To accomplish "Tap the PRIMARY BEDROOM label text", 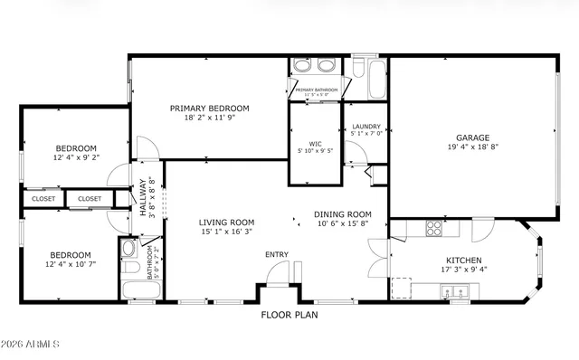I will pyautogui.click(x=210, y=108).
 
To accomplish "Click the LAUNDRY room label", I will pyautogui.click(x=365, y=127).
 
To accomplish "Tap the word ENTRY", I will pyautogui.click(x=277, y=254).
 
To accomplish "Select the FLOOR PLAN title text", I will pyautogui.click(x=289, y=316).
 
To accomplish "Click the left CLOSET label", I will pyautogui.click(x=43, y=199).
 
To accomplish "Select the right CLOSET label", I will pyautogui.click(x=90, y=199).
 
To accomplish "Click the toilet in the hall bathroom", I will pyautogui.click(x=129, y=250).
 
